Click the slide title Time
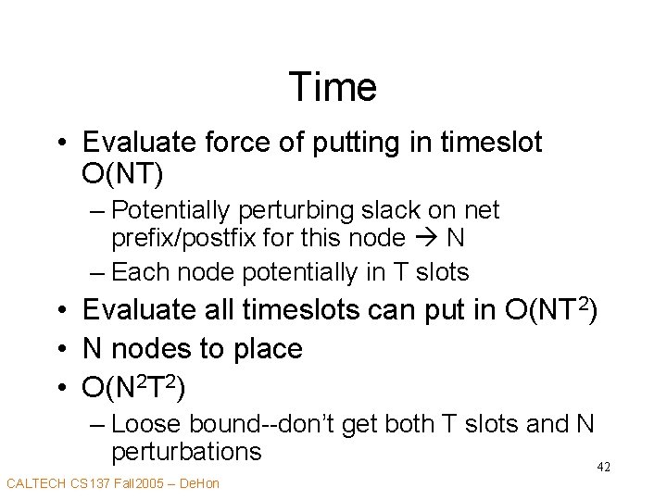point(333,87)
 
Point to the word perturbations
point(186,452)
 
